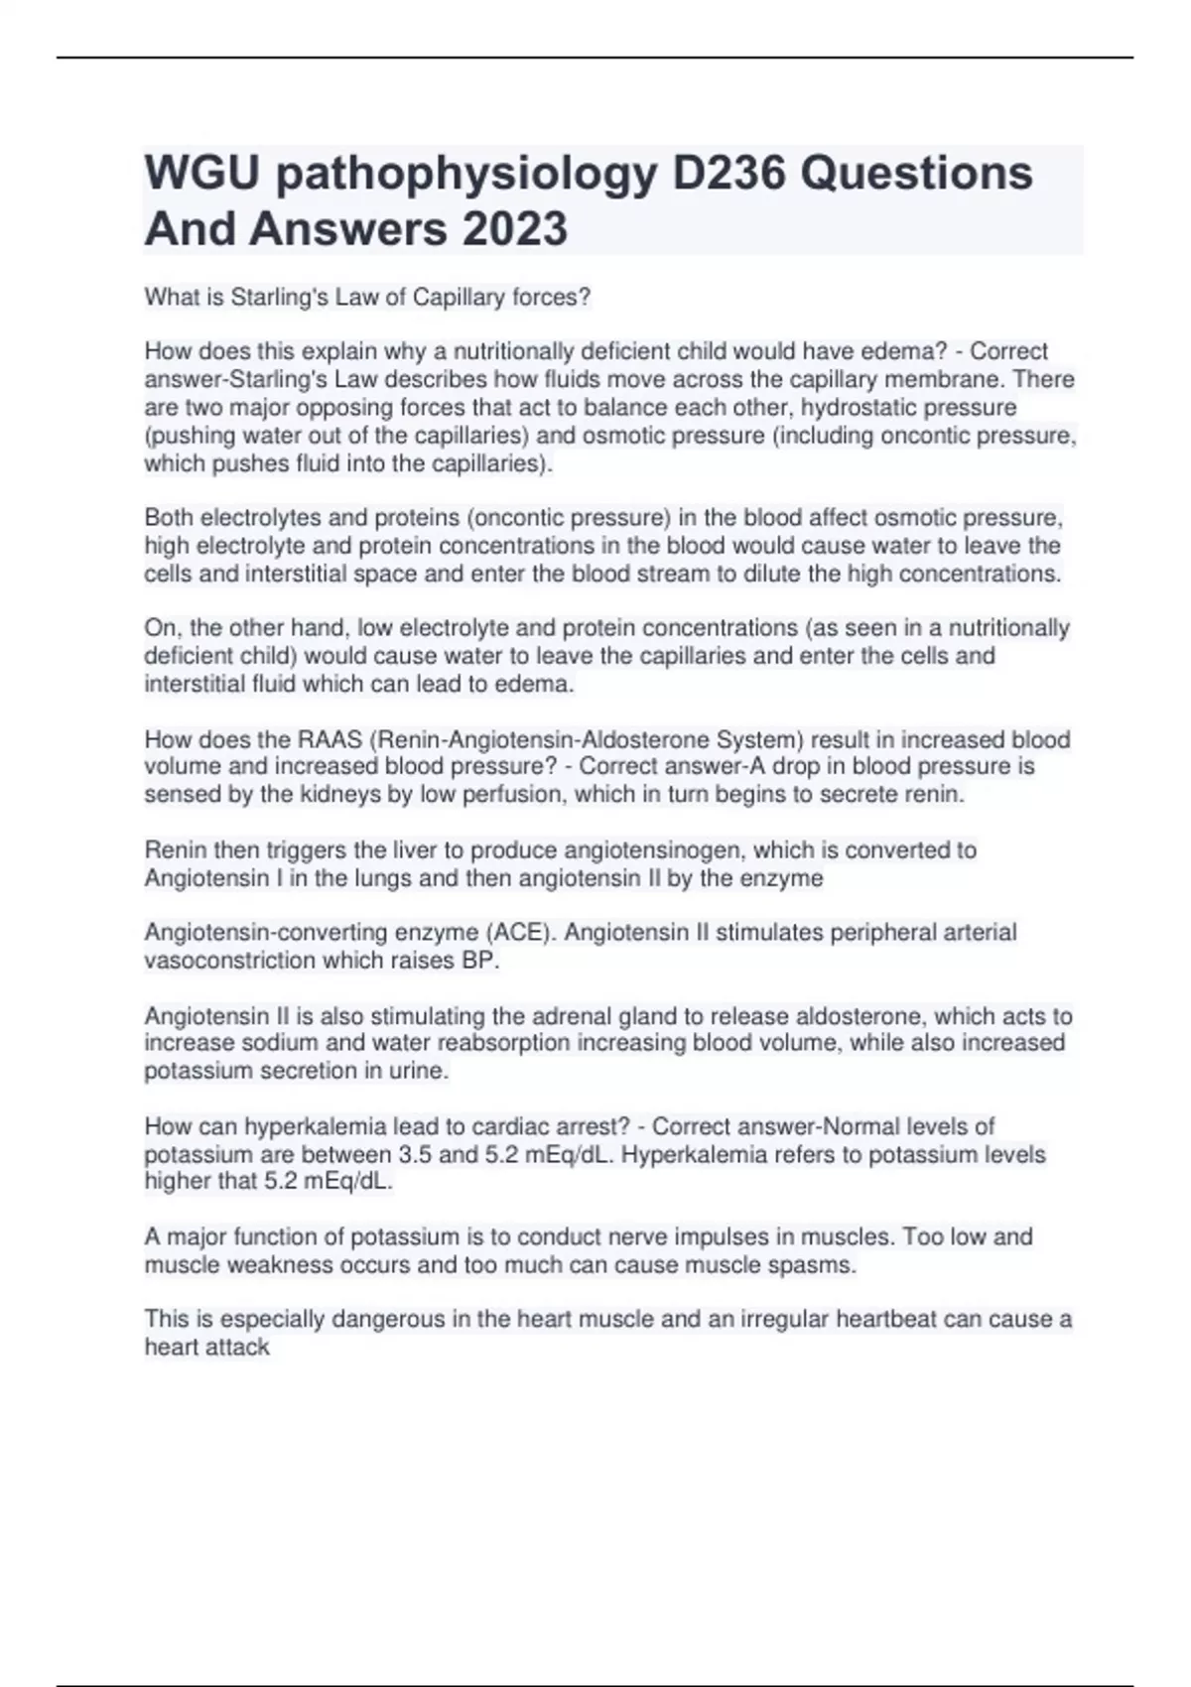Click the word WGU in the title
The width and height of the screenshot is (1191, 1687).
[x=201, y=173]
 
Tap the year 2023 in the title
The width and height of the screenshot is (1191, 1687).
[x=512, y=228]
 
